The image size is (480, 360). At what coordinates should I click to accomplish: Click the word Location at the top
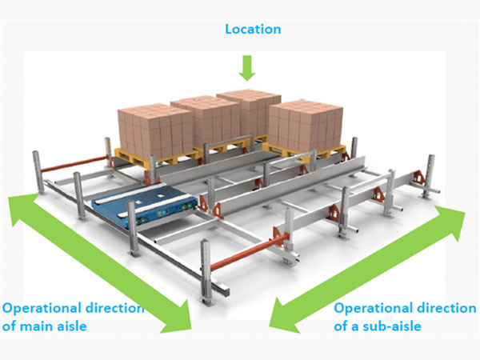[x=253, y=30]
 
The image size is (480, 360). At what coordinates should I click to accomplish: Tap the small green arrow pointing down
[x=247, y=67]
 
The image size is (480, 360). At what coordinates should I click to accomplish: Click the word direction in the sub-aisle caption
[x=435, y=308]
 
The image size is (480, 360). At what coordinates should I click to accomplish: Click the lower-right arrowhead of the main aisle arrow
[x=178, y=320]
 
